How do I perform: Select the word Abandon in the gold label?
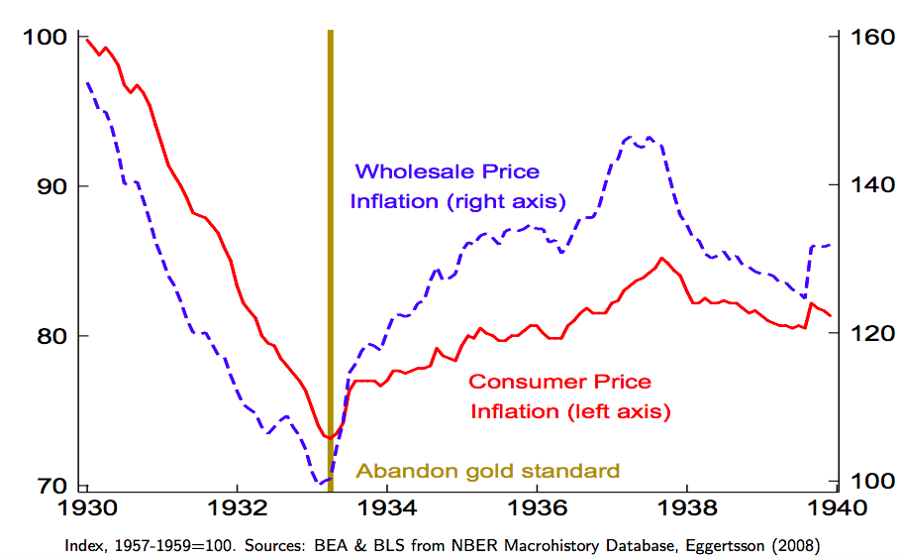pos(394,471)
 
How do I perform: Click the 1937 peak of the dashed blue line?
pos(649,138)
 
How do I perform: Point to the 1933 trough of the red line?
pos(328,437)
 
